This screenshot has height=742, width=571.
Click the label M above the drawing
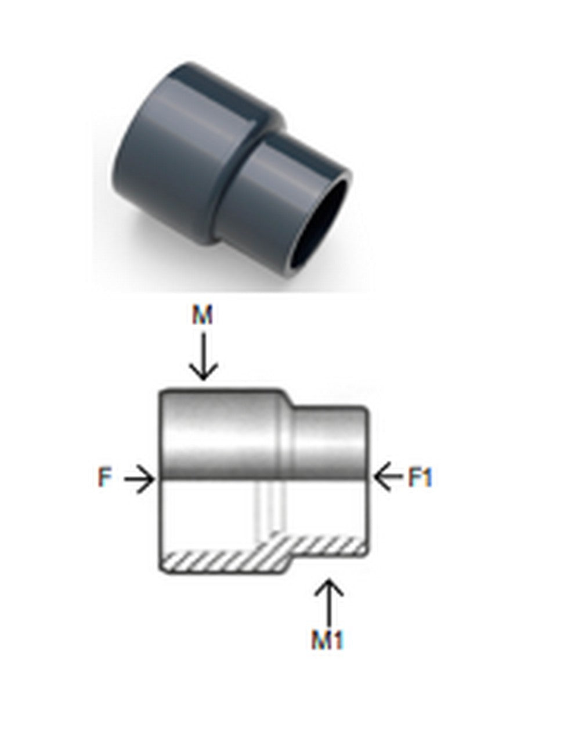[202, 314]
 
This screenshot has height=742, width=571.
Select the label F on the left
[104, 477]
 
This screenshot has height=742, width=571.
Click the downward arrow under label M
[204, 357]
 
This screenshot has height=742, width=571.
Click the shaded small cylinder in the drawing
[330, 443]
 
